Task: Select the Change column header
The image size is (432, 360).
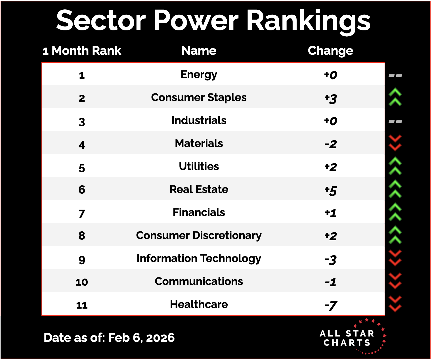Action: pyautogui.click(x=330, y=51)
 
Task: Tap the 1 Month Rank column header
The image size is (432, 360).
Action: pyautogui.click(x=82, y=51)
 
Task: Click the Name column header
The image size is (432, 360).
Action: pyautogui.click(x=199, y=51)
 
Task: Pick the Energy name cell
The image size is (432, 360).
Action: pyautogui.click(x=199, y=75)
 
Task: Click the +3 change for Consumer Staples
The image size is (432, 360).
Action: pyautogui.click(x=330, y=98)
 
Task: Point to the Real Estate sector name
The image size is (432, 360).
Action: pyautogui.click(x=199, y=189)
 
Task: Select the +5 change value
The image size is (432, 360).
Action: pyautogui.click(x=330, y=190)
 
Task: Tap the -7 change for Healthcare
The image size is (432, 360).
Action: pyautogui.click(x=330, y=305)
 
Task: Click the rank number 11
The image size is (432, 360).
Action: pyautogui.click(x=82, y=305)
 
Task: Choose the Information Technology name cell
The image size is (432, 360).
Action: pyautogui.click(x=199, y=259)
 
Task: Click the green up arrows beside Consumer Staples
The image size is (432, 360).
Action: pyautogui.click(x=395, y=97)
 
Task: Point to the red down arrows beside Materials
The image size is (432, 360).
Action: pyautogui.click(x=395, y=143)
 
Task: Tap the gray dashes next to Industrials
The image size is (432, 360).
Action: pyautogui.click(x=395, y=121)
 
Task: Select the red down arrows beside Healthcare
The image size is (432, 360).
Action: pyautogui.click(x=395, y=304)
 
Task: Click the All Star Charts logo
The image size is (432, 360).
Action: pyautogui.click(x=352, y=337)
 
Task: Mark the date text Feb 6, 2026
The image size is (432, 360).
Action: pyautogui.click(x=141, y=338)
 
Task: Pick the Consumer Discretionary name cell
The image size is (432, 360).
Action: pyautogui.click(x=199, y=236)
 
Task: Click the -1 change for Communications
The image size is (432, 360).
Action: pyautogui.click(x=330, y=282)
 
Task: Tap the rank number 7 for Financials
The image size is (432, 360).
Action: pyautogui.click(x=82, y=214)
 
